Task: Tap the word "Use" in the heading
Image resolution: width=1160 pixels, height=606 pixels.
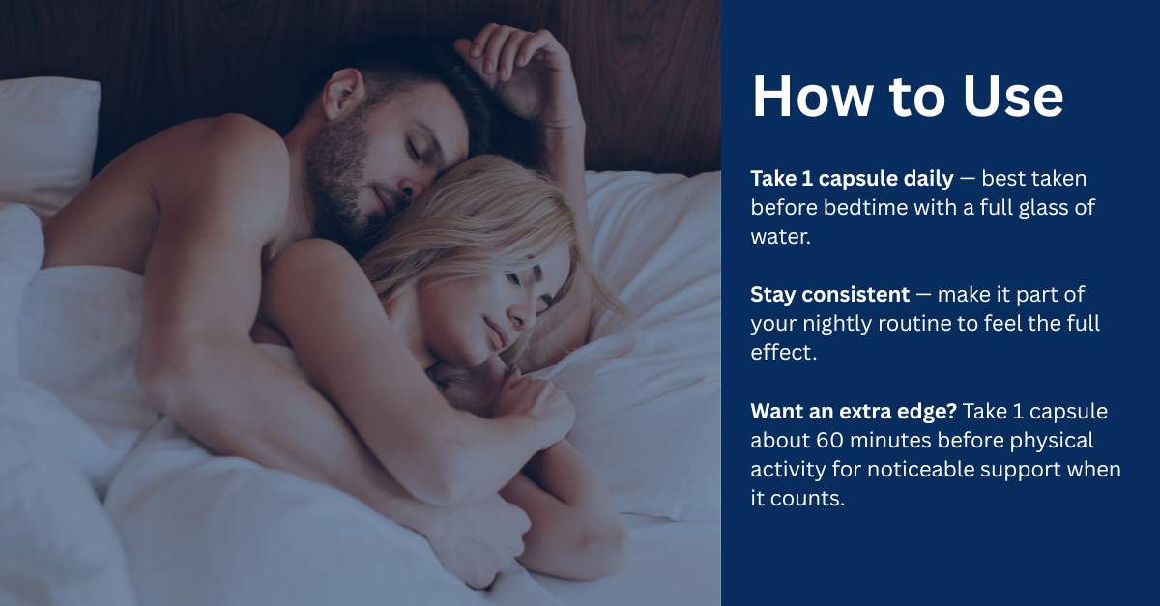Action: click(x=1013, y=97)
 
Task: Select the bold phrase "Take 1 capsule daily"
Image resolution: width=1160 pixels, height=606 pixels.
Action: click(x=852, y=179)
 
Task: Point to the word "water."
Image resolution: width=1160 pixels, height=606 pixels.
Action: click(x=780, y=237)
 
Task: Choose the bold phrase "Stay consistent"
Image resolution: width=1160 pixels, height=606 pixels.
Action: click(x=830, y=295)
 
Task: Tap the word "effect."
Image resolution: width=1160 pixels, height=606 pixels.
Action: click(x=784, y=353)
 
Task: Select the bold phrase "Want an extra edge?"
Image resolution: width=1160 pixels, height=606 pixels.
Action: click(x=854, y=412)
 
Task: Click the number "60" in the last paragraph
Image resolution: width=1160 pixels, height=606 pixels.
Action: click(x=830, y=441)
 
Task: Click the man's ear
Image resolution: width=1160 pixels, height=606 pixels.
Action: click(x=342, y=95)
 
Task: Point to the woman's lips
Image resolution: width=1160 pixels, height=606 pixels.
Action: click(x=492, y=332)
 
